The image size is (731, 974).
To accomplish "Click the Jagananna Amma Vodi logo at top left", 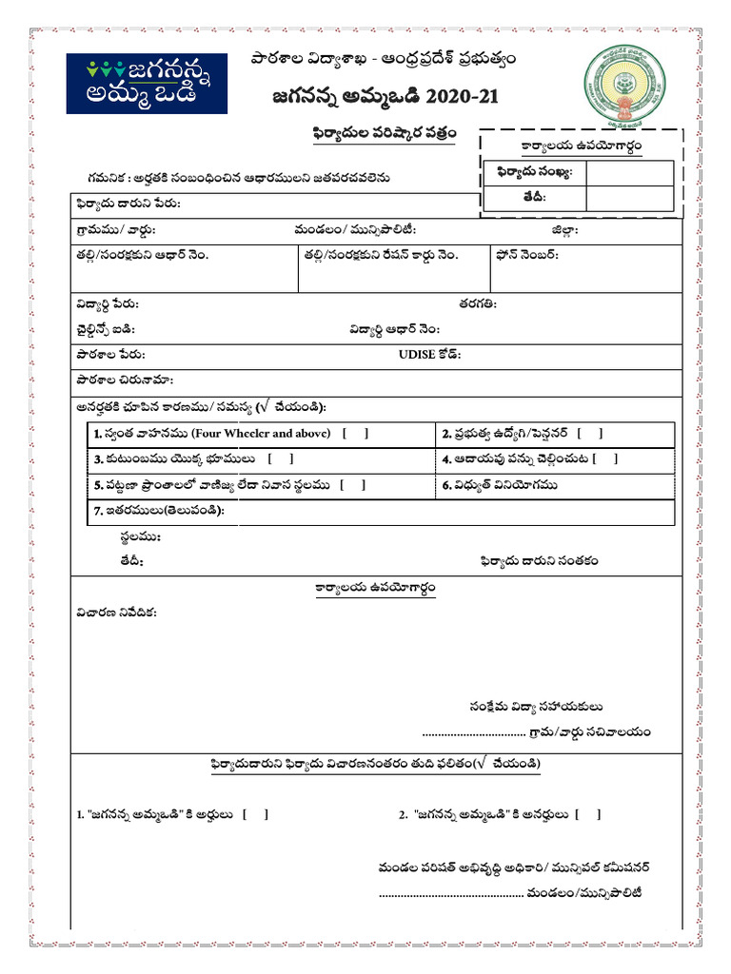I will tap(147, 84).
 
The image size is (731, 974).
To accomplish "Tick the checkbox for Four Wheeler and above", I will tap(354, 434).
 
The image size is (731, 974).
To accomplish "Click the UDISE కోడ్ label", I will tap(429, 355).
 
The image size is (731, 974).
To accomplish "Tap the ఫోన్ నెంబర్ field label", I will tap(526, 255).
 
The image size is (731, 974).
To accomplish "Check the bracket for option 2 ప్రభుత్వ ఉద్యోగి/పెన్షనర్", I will tap(589, 434).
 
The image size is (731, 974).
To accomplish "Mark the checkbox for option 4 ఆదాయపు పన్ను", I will tap(604, 459).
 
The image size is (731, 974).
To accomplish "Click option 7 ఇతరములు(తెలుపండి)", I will tap(158, 511).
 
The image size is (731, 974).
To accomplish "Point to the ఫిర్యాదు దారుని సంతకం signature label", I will tap(539, 561).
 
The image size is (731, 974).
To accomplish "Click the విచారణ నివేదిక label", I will tap(116, 612).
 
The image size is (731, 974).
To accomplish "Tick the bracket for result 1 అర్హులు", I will tap(255, 814).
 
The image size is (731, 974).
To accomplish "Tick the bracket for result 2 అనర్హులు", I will tap(588, 814).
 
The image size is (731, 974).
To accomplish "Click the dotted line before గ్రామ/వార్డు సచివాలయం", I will tap(473, 733).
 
